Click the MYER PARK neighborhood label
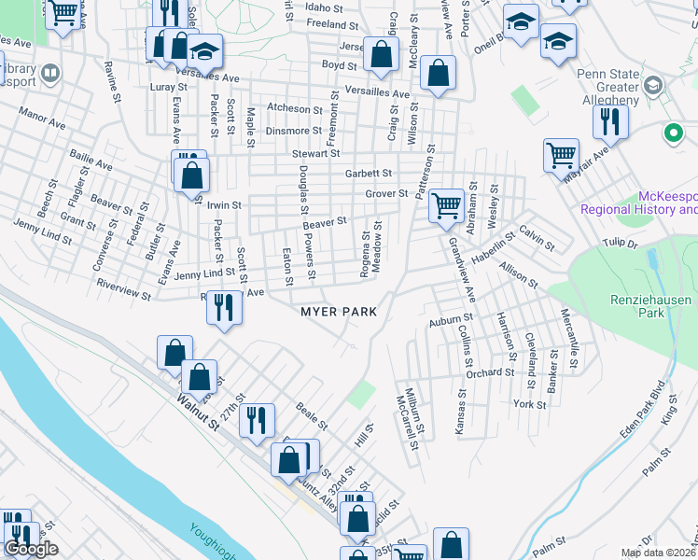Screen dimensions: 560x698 tap(338, 311)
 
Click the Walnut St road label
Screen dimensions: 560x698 tap(200, 410)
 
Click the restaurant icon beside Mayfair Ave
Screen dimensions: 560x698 tap(610, 122)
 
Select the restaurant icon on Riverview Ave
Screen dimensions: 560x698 tap(223, 307)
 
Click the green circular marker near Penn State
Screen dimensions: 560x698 tap(672, 133)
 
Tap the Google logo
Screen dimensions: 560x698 tap(31, 549)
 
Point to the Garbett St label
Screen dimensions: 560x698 tap(368, 173)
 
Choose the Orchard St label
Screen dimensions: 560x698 tap(491, 372)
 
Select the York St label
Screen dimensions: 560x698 tap(529, 404)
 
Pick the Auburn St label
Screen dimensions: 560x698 tap(452, 320)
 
